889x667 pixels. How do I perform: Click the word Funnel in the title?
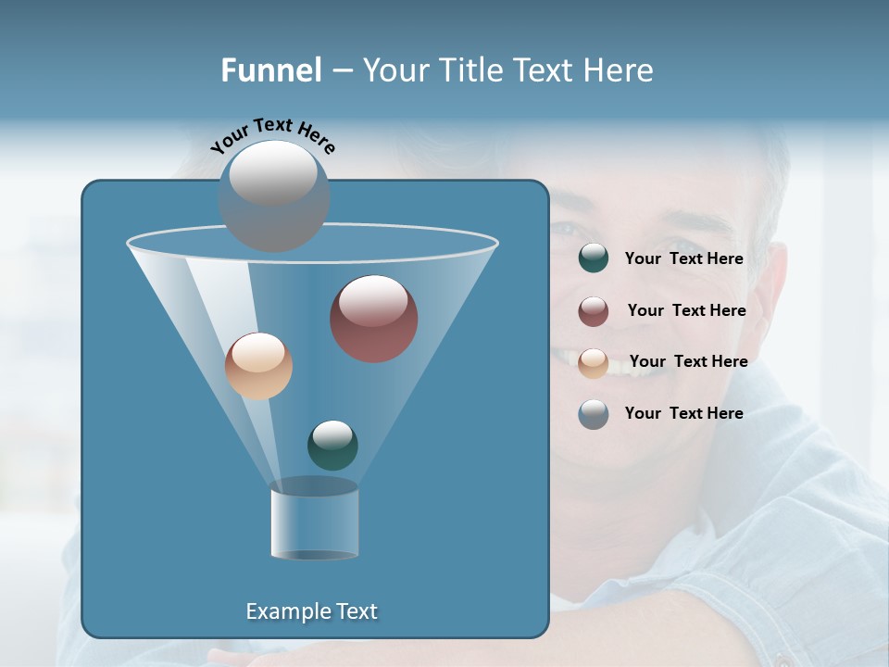click(x=271, y=70)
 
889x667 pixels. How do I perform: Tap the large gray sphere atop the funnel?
click(x=274, y=195)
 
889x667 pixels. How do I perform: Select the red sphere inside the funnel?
click(x=374, y=319)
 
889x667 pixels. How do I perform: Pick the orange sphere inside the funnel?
click(x=258, y=366)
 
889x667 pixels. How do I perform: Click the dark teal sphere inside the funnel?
click(x=332, y=446)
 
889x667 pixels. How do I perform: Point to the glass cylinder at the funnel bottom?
click(x=314, y=521)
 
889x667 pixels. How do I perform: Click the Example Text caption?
click(x=311, y=611)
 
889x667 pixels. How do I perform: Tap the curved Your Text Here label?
click(x=273, y=134)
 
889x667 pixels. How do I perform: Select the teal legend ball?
click(x=594, y=258)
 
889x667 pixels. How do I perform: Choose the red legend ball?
click(x=594, y=311)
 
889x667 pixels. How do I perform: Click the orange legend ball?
click(x=594, y=363)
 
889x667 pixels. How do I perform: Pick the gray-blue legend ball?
click(x=594, y=414)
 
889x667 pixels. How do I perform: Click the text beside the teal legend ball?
click(x=683, y=258)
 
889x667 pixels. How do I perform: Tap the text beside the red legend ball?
click(x=686, y=310)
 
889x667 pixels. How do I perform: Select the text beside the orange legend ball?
click(x=688, y=361)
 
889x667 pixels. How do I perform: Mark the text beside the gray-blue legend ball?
click(x=683, y=413)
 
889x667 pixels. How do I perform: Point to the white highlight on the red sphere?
click(x=373, y=301)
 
